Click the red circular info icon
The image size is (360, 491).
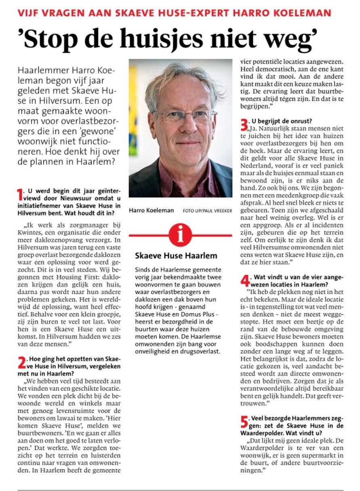pyautogui.click(x=180, y=235)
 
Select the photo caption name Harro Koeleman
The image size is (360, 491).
pyautogui.click(x=152, y=210)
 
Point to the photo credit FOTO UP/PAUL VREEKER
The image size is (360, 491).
pyautogui.click(x=207, y=211)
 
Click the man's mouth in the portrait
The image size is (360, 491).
pyautogui.click(x=187, y=143)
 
